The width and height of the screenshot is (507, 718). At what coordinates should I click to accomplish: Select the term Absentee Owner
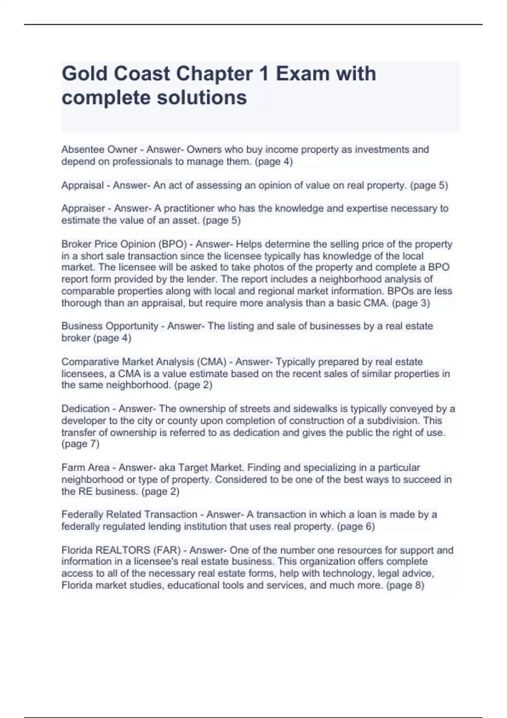99,150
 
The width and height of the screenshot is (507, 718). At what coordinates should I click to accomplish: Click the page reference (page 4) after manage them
274,161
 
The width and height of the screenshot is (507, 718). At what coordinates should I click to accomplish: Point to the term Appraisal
82,185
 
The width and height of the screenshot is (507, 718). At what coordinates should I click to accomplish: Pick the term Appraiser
83,208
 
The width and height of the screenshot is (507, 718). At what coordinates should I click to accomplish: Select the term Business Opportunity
110,326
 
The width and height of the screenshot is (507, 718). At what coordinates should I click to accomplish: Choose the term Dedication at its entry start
85,409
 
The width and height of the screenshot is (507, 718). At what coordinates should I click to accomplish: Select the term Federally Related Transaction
129,514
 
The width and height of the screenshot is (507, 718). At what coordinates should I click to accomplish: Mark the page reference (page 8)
405,585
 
